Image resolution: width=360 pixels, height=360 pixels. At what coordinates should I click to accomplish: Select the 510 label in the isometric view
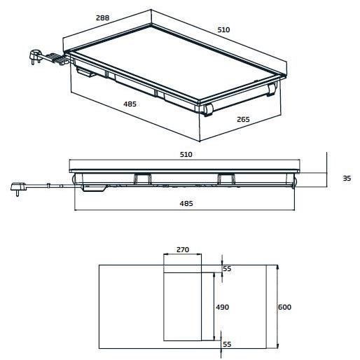(223, 30)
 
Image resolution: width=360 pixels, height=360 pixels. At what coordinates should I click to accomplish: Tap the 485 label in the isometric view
(130, 104)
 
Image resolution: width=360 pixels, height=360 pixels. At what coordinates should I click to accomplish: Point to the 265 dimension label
(243, 119)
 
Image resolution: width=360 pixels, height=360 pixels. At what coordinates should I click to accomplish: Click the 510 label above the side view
(186, 154)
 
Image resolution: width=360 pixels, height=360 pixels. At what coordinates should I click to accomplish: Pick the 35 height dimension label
(346, 179)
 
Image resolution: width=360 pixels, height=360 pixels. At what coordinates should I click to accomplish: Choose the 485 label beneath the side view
(186, 203)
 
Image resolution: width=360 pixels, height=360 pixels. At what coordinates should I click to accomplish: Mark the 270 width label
(182, 249)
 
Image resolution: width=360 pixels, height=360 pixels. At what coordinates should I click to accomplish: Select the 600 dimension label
(284, 307)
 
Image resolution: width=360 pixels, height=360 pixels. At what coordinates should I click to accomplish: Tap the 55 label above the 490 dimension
(226, 269)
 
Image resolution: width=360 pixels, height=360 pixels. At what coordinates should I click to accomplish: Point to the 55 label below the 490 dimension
(226, 344)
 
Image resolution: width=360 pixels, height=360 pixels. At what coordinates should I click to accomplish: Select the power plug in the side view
(16, 187)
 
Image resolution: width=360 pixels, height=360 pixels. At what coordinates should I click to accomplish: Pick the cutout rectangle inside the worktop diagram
(189, 305)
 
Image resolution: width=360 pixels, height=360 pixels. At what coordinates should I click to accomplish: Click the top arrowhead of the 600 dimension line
(278, 267)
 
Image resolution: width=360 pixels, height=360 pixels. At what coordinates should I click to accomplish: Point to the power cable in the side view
(49, 186)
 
